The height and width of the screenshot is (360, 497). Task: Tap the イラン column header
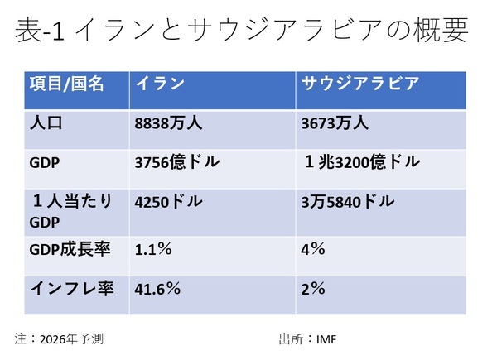[159, 84]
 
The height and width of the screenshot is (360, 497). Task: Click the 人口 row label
[47, 123]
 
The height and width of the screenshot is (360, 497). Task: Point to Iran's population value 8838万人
[169, 123]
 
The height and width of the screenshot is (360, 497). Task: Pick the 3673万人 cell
[335, 123]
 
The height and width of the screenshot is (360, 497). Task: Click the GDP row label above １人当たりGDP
[43, 162]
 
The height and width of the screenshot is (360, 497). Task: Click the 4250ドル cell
[168, 201]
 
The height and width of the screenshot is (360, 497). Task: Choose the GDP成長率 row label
[67, 249]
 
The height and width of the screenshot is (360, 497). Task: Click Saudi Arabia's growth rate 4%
[312, 249]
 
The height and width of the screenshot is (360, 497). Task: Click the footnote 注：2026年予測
[59, 338]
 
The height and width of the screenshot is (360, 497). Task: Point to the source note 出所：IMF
[307, 338]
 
